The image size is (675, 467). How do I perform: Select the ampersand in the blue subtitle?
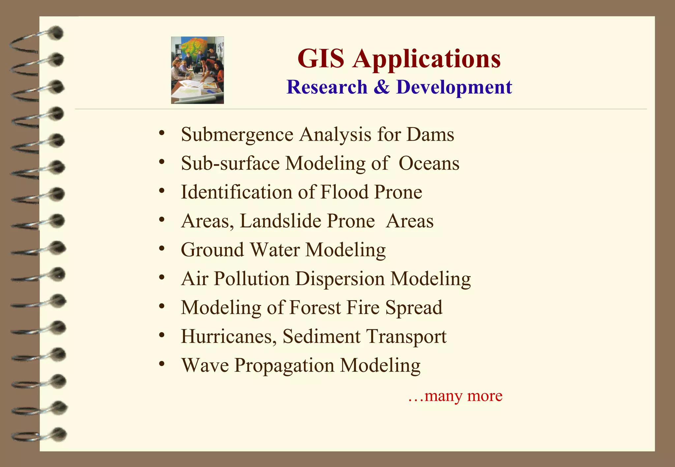click(382, 87)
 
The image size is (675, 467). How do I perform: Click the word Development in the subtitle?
click(454, 88)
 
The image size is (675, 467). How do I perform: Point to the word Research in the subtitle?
click(327, 87)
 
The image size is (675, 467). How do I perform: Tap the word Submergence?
click(237, 135)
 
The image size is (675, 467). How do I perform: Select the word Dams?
click(430, 134)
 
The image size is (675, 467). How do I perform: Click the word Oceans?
click(429, 163)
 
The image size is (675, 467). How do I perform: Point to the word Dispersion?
click(340, 279)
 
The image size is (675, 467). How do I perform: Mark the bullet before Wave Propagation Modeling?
click(161, 364)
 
